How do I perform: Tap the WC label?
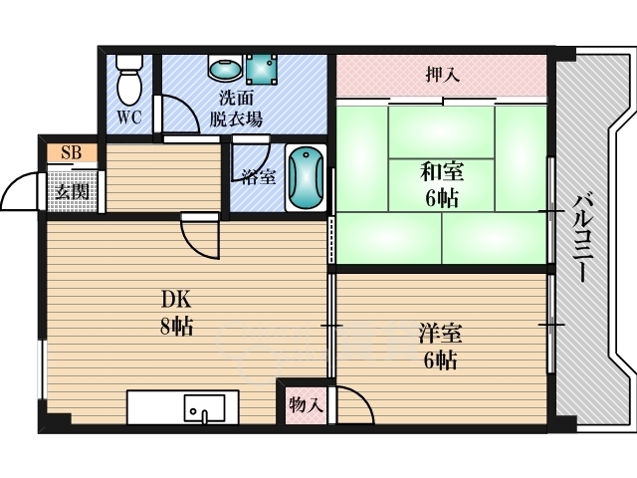(129, 119)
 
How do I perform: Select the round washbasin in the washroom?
(222, 69)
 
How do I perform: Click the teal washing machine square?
(262, 69)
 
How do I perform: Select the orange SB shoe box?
(71, 152)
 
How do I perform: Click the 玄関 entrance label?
(71, 190)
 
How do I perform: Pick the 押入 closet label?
(442, 74)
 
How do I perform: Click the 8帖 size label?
(175, 326)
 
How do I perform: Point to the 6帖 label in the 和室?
(441, 198)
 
